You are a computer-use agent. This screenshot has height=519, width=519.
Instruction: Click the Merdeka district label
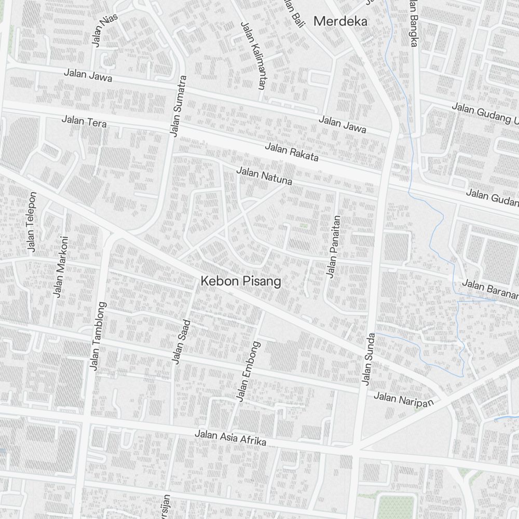340,22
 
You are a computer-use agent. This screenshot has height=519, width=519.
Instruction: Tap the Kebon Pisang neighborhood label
241,282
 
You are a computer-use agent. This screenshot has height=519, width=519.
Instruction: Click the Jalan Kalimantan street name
253,54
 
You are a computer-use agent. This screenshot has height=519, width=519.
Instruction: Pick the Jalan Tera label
84,122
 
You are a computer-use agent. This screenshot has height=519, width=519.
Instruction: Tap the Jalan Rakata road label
291,152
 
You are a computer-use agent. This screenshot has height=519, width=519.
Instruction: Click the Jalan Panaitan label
333,247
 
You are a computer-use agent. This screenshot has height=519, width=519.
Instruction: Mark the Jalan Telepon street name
32,222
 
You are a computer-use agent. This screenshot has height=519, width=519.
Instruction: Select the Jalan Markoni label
61,267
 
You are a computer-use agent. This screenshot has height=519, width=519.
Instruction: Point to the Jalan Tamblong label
98,336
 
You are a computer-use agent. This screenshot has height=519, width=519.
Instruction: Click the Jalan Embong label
249,371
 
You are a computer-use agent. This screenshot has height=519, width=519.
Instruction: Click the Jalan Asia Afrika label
230,438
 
